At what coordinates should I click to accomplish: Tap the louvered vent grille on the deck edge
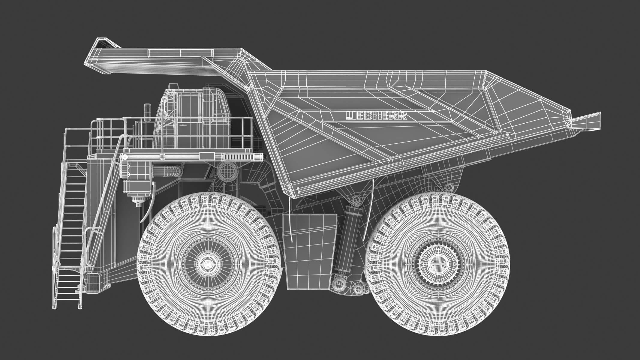[239, 156]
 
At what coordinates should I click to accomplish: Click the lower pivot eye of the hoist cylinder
[339, 285]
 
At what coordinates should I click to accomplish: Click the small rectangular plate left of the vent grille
[207, 156]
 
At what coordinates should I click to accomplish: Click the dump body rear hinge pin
[449, 187]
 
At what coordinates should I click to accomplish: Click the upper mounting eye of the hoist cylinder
[355, 199]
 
